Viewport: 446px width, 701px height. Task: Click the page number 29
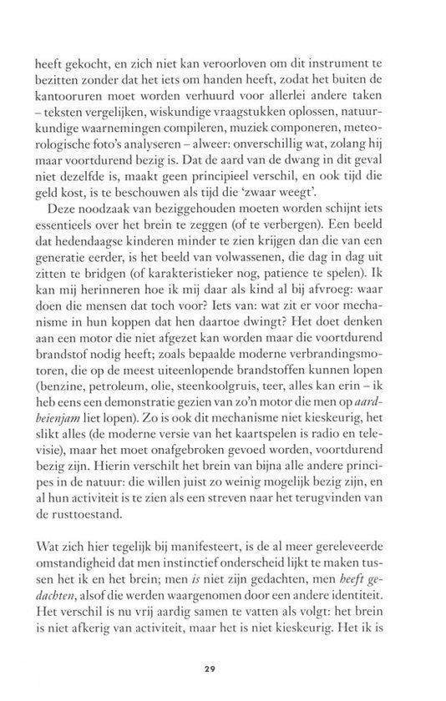[x=223, y=668]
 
